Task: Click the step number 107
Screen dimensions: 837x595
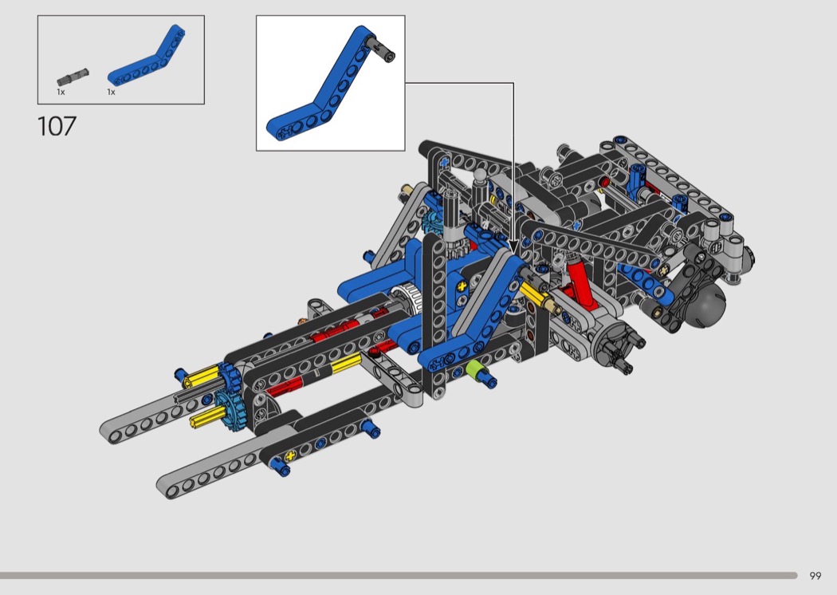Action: tap(57, 126)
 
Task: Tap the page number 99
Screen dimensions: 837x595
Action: tap(815, 576)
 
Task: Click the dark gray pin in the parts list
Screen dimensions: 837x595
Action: tap(73, 77)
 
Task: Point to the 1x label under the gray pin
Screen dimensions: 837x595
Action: tap(61, 92)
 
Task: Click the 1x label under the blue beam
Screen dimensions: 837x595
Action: tap(111, 92)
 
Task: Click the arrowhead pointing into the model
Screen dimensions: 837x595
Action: tap(513, 246)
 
